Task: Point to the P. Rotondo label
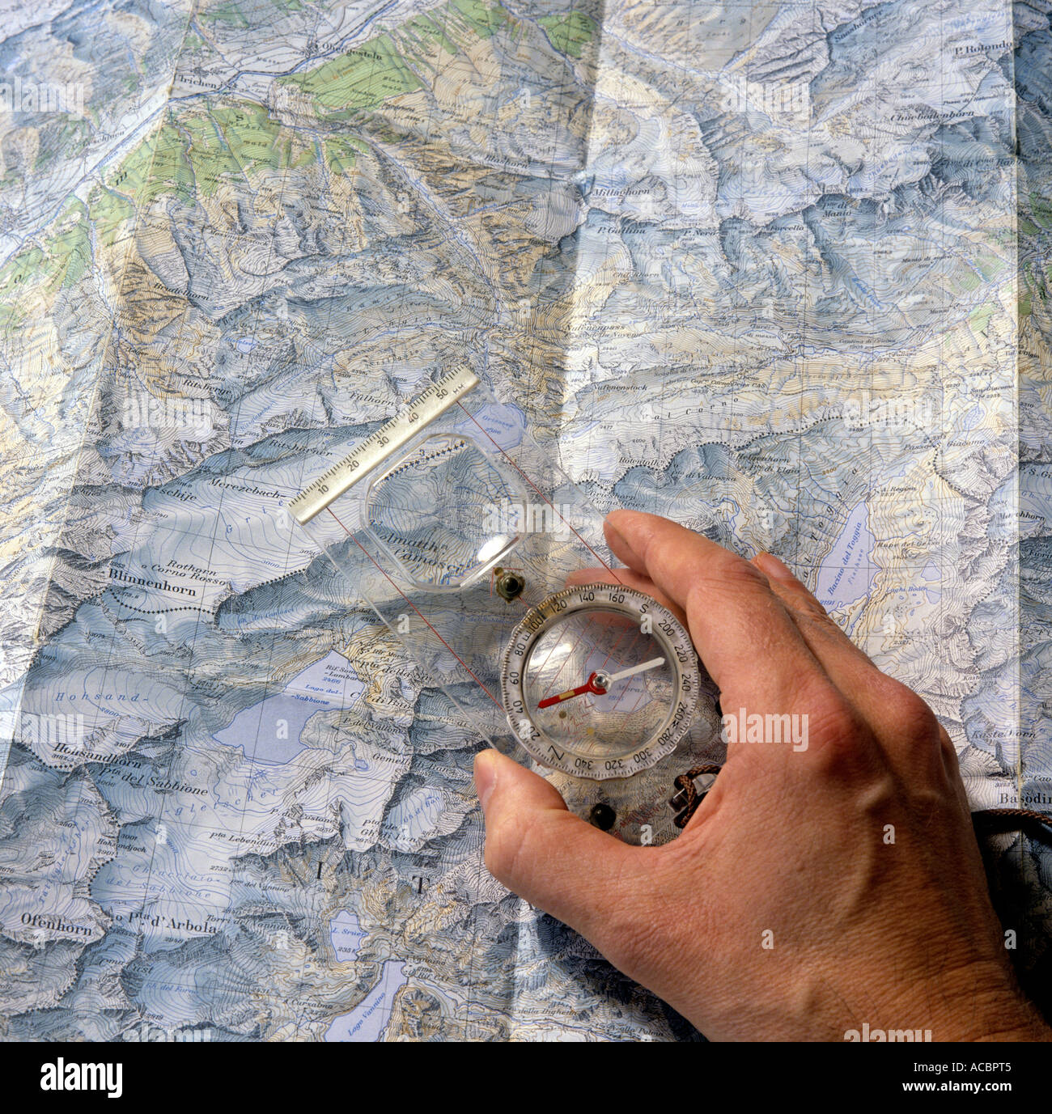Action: [982, 47]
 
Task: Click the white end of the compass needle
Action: [639, 669]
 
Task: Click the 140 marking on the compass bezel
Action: [588, 597]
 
